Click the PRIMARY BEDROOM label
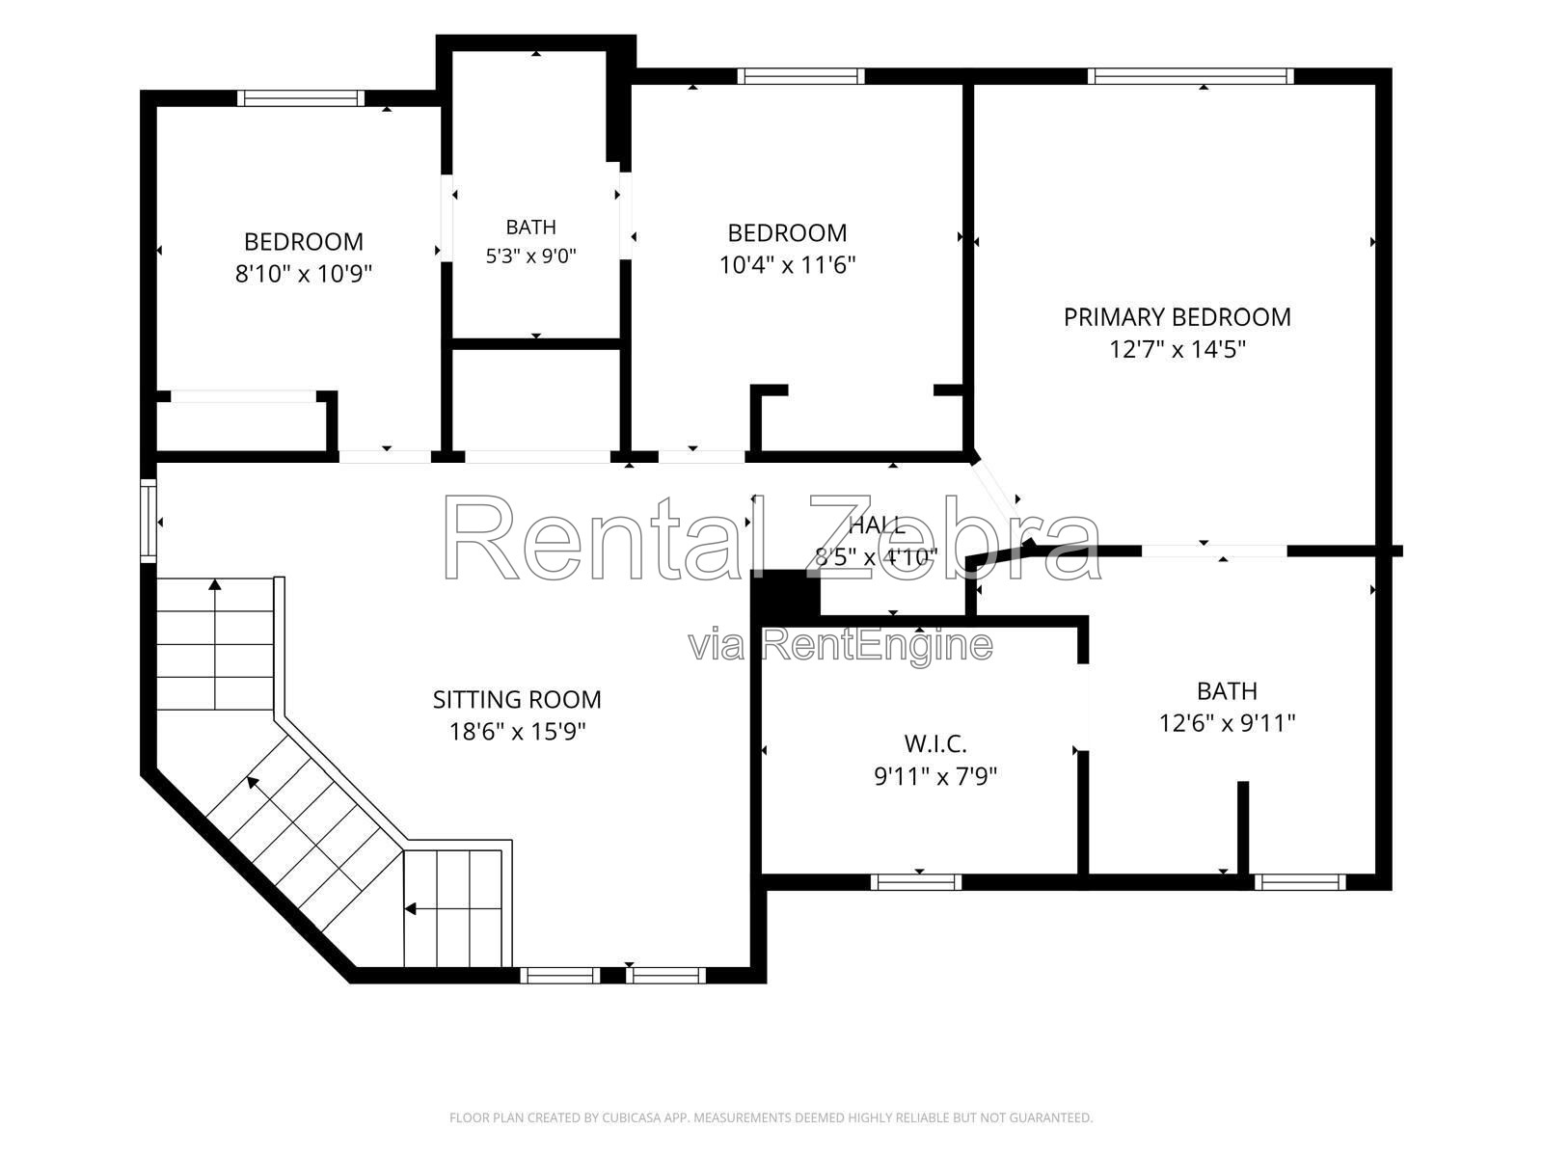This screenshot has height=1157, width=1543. [1176, 317]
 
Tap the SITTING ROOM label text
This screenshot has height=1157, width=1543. [517, 700]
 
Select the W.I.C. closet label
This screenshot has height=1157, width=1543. [934, 743]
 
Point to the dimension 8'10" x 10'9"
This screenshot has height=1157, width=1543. [303, 273]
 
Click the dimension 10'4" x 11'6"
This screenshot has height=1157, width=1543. [787, 265]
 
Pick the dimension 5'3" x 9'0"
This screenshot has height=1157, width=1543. [530, 256]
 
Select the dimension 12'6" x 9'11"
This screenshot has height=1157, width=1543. [1227, 723]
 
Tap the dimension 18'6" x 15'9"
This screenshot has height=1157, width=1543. [517, 732]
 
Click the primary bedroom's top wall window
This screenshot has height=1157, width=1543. [1190, 76]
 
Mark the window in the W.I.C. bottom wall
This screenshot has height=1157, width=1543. [915, 882]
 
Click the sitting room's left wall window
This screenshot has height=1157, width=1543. [149, 521]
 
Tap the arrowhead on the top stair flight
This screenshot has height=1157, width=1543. [215, 583]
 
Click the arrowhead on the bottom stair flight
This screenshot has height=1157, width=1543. [410, 909]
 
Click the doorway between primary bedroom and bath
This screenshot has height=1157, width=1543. [1214, 552]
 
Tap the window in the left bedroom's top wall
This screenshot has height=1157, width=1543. [301, 98]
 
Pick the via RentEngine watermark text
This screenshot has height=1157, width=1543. [840, 645]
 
